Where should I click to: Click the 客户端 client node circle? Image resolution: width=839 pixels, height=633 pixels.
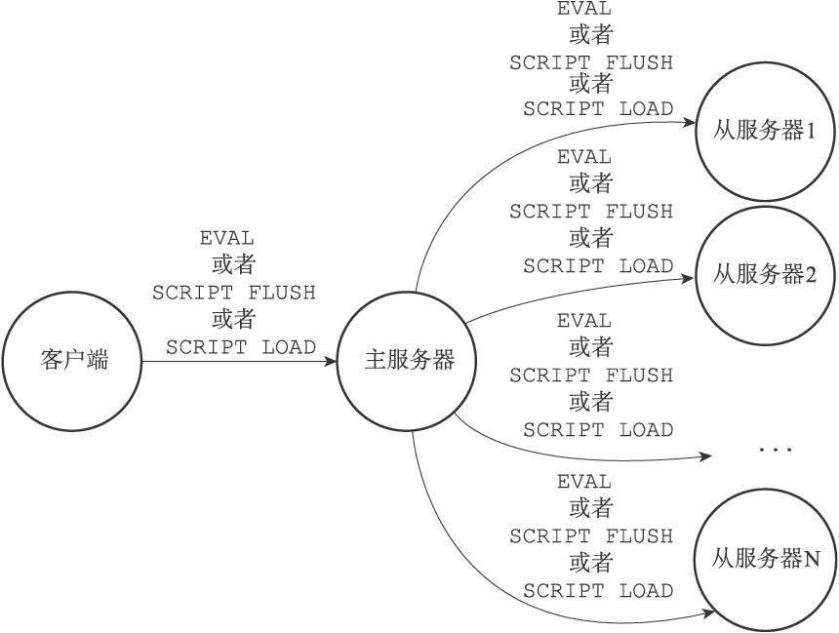coord(72,293)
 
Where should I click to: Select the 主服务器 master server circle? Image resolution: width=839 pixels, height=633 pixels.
coord(407,293)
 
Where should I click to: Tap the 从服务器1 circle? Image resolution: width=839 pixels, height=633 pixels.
coord(765,62)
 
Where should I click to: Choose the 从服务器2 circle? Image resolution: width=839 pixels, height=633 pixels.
coord(765,208)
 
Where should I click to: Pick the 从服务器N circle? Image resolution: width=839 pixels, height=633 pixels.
coord(765,491)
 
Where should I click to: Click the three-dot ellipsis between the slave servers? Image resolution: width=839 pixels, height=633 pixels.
coord(776,450)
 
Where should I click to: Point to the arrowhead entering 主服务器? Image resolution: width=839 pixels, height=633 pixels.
coord(330,361)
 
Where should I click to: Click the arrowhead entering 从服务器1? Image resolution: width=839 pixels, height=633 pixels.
coord(689,123)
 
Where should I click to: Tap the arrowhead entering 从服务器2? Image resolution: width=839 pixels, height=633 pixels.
coord(688,278)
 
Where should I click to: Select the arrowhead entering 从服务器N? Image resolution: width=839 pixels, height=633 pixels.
coord(708,613)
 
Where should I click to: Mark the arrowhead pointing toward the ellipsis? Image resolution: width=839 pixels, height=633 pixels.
coord(705,456)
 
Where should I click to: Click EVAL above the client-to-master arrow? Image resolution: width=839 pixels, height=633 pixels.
coord(227,238)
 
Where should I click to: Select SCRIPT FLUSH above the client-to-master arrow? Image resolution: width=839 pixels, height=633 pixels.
coord(234,293)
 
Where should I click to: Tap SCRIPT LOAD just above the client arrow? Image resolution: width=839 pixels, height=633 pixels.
coord(241,347)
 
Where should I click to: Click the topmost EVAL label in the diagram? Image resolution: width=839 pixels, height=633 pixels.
coord(583,8)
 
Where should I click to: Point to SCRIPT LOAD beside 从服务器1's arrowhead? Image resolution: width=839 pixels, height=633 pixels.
coord(598,109)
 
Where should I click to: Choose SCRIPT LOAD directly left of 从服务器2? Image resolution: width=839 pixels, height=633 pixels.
coord(598,266)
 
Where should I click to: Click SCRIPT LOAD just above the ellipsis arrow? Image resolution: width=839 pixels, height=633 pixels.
coord(598,430)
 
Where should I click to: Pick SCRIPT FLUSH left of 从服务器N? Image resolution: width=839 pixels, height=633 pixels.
coord(591,536)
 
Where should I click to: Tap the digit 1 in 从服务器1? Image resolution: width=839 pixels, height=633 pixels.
coord(810,131)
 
